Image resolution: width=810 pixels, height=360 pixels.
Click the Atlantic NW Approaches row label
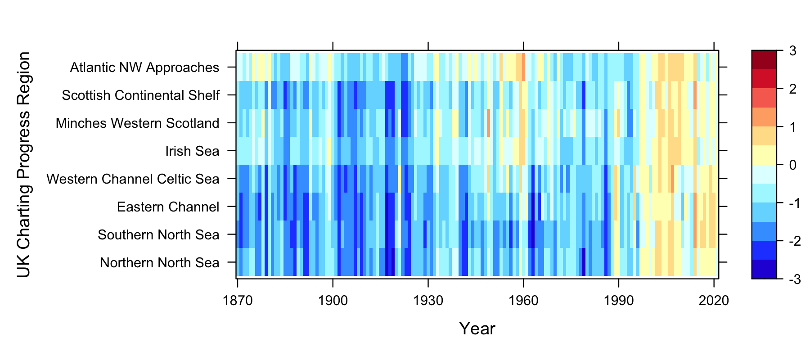point(144,67)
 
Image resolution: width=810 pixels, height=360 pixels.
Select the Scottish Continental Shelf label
point(140,95)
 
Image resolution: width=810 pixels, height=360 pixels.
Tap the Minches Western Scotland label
point(137,123)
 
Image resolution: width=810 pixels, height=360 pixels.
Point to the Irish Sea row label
point(192,151)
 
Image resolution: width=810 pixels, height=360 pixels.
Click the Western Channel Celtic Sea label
point(133,179)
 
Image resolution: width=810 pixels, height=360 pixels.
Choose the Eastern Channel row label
point(168,207)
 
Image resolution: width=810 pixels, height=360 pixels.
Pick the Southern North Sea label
point(158,235)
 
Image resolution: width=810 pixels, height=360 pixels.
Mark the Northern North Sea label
point(159,263)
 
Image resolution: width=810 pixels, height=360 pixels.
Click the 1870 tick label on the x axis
point(238,301)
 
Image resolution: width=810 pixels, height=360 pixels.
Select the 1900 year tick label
point(333,301)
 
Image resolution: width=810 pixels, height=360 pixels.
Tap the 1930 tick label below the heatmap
point(428,301)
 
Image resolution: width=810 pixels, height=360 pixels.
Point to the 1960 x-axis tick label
point(523,301)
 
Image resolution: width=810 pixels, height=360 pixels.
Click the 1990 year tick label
point(619,301)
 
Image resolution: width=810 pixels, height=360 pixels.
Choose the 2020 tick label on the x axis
point(714,301)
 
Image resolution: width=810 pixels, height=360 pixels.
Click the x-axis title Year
point(477,329)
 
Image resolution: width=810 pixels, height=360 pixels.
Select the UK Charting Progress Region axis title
point(23,165)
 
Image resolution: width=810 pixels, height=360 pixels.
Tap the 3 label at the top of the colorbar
point(792,51)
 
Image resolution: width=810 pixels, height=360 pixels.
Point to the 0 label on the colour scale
point(792,165)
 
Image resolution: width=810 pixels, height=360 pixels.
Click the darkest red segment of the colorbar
point(764,60)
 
